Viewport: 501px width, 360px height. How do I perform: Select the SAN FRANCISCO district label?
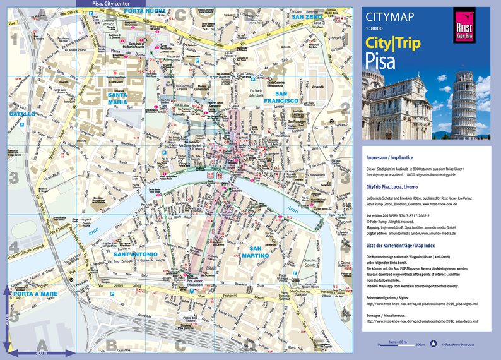pyautogui.click(x=281, y=97)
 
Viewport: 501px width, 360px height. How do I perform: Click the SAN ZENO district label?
pyautogui.click(x=307, y=16)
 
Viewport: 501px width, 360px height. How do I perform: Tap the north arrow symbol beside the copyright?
pyautogui.click(x=433, y=345)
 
